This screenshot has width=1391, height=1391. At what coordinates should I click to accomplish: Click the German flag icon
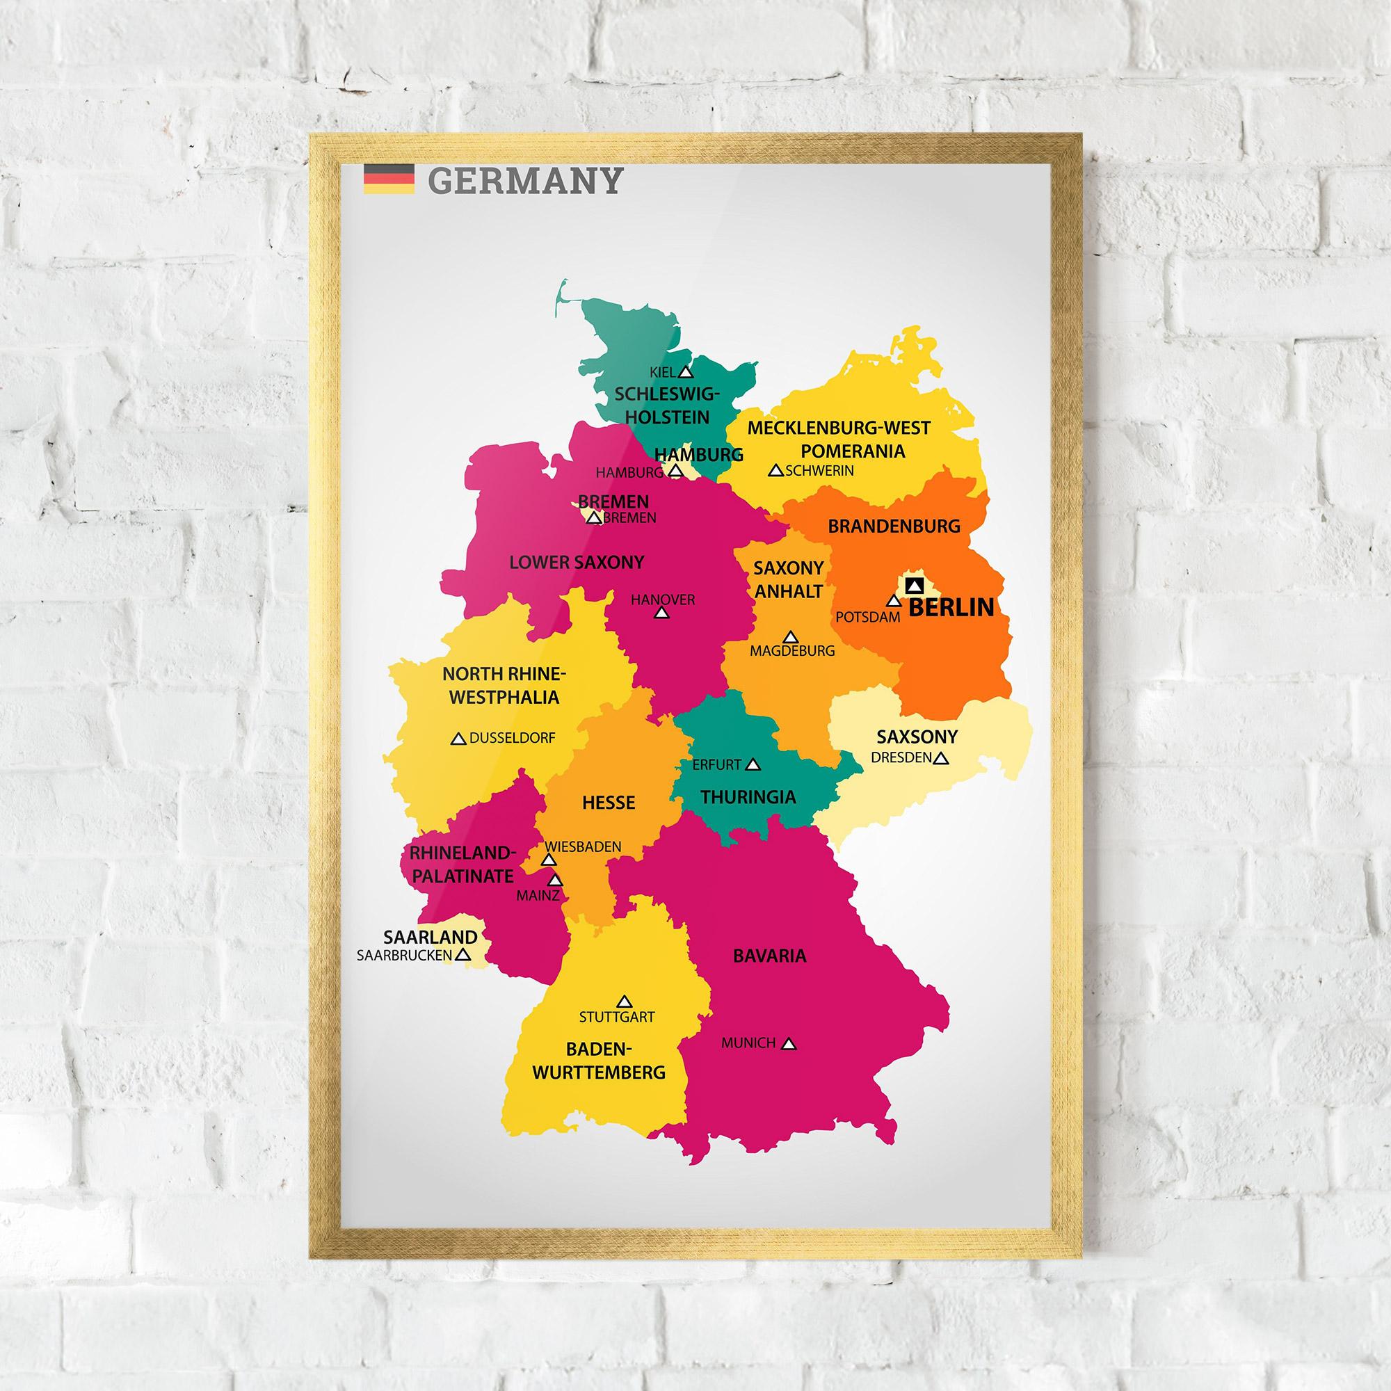(388, 179)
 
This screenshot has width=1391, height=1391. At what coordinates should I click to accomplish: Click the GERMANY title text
(524, 181)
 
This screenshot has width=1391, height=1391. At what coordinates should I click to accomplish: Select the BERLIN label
(950, 608)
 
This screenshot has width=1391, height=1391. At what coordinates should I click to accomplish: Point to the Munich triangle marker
(789, 1043)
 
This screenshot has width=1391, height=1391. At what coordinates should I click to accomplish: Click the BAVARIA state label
(769, 956)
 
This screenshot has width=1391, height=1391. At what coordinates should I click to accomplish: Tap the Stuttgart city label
(617, 1018)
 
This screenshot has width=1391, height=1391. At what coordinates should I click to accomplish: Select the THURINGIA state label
(748, 797)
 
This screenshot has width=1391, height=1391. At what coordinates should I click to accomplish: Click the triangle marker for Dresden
(940, 758)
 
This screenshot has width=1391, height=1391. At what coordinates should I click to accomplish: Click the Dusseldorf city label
(512, 738)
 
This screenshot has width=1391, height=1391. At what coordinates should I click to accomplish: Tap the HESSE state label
(609, 802)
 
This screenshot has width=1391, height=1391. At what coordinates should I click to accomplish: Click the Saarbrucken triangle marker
(463, 955)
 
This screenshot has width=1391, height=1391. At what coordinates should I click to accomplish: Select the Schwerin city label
(819, 471)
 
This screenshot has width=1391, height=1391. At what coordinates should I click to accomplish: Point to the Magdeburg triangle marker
(791, 637)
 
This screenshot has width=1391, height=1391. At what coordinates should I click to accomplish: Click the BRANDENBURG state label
(894, 526)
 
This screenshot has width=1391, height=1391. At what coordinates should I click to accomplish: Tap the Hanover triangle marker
(661, 613)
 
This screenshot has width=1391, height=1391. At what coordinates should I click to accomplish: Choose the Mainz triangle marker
(555, 880)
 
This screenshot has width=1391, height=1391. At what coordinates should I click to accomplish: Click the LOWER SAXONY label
(576, 562)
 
